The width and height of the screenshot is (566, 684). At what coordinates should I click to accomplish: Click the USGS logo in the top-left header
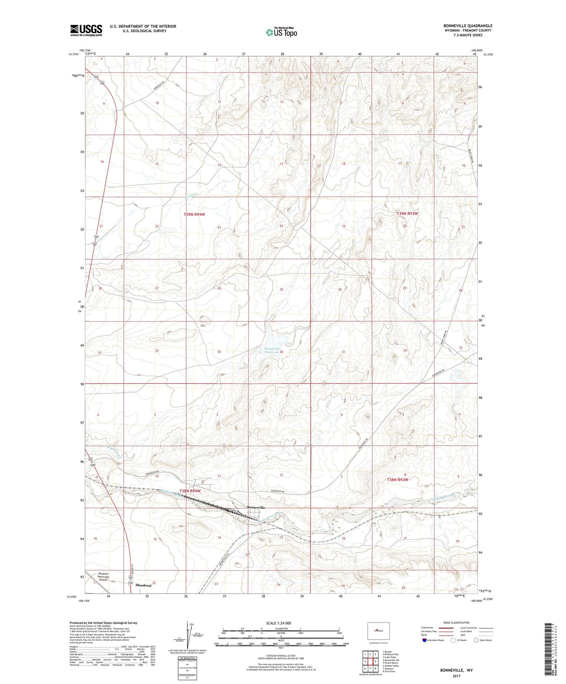pyautogui.click(x=86, y=30)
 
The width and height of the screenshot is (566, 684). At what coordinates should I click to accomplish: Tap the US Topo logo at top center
pyautogui.click(x=281, y=32)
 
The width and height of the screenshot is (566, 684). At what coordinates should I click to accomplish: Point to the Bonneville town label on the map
pyautogui.click(x=256, y=507)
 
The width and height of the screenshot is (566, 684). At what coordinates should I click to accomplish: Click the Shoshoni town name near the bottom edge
pyautogui.click(x=143, y=585)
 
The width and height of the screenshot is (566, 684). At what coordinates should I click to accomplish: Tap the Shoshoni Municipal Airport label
pyautogui.click(x=103, y=577)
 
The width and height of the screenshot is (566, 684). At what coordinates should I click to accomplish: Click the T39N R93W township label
pyautogui.click(x=407, y=214)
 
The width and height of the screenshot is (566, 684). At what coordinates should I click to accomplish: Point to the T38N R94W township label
pyautogui.click(x=190, y=490)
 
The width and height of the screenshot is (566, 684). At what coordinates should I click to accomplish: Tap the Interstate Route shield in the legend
pyautogui.click(x=425, y=640)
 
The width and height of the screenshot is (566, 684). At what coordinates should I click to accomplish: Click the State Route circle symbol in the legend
pyautogui.click(x=476, y=640)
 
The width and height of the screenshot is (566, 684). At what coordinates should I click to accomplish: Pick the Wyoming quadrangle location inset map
pyautogui.click(x=378, y=630)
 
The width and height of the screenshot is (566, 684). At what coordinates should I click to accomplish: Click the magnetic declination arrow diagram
pyautogui.click(x=190, y=634)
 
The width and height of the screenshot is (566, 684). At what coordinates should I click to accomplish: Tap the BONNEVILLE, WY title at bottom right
pyautogui.click(x=456, y=670)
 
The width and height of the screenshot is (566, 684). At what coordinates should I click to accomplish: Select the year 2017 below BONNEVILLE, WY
pyautogui.click(x=456, y=676)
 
